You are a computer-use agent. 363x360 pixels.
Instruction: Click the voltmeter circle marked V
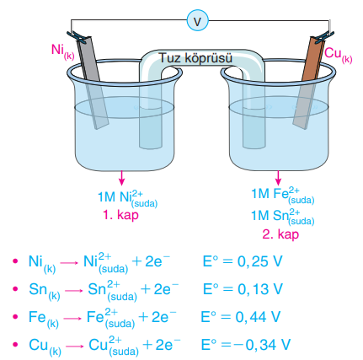[198, 21]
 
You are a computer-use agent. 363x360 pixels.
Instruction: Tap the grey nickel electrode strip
[93, 83]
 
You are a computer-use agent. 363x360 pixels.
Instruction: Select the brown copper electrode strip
[309, 83]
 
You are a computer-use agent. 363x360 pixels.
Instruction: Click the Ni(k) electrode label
[63, 51]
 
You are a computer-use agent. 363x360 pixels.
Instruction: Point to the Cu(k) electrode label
[338, 55]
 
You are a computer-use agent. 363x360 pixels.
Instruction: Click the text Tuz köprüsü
[196, 58]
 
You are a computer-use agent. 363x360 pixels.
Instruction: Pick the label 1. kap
[121, 216]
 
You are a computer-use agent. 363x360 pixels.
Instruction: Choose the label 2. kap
[280, 234]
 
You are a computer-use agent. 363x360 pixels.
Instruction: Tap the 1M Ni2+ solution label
[127, 198]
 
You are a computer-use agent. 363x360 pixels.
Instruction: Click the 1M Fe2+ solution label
[282, 195]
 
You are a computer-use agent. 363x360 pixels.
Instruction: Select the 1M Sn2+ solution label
[282, 216]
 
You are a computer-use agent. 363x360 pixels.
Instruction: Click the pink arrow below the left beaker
[121, 178]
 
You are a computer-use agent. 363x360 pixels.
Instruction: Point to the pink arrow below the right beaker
[278, 178]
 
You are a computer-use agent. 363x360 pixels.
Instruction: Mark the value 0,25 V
[259, 262]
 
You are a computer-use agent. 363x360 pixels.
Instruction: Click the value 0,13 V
[260, 289]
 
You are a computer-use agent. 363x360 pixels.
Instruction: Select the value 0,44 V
[258, 317]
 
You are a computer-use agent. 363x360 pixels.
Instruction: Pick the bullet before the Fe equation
[15, 316]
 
